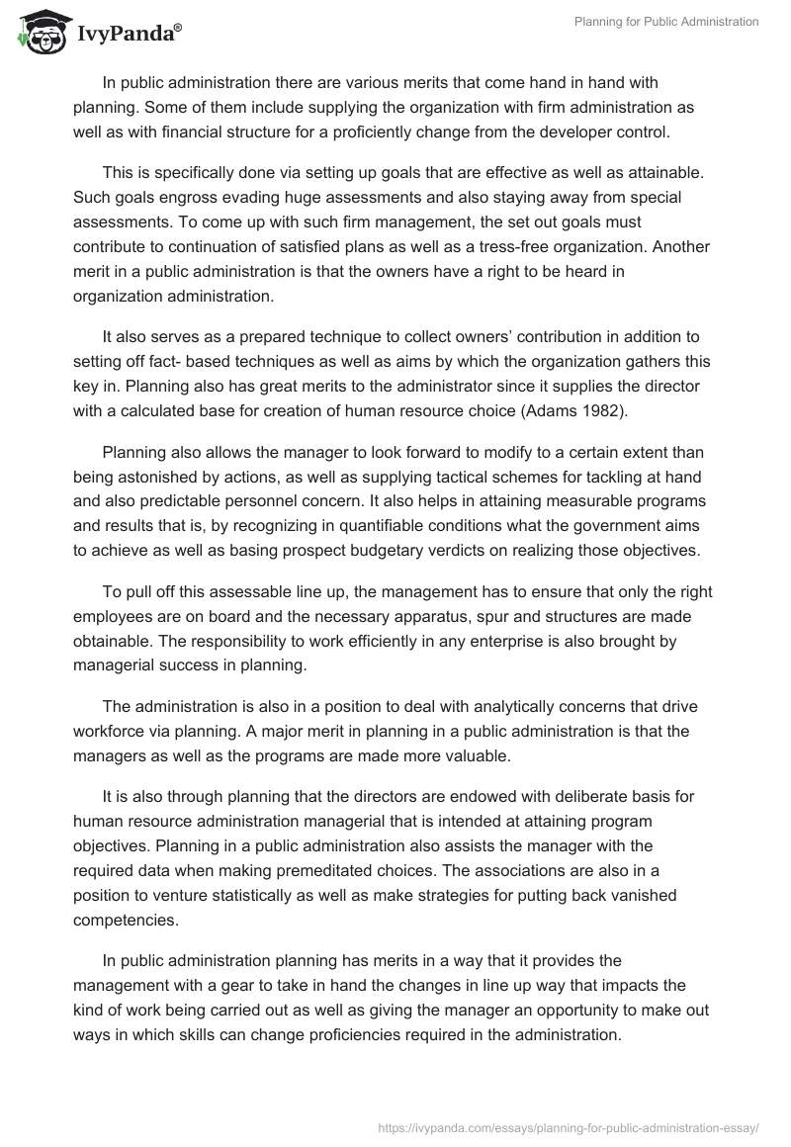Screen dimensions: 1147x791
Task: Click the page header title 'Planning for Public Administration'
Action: [x=666, y=22]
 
